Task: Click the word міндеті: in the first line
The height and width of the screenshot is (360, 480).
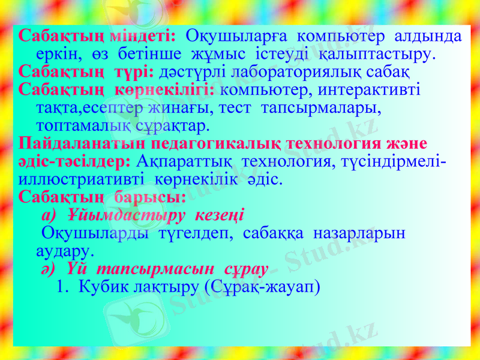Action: click(x=143, y=36)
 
